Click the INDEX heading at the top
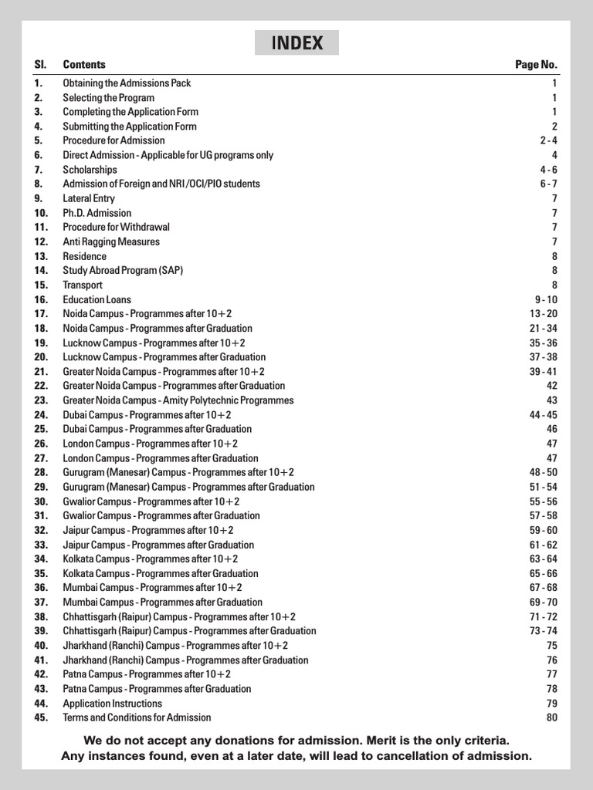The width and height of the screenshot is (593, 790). coord(296,43)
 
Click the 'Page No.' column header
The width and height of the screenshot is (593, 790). coord(536,65)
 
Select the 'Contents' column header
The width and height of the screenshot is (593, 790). coord(84,65)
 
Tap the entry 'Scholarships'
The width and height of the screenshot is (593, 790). coord(90,170)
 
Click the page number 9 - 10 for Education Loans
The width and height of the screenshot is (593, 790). coord(544,299)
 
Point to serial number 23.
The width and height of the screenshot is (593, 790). coord(41,400)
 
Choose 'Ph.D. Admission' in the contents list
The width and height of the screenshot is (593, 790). coord(97,213)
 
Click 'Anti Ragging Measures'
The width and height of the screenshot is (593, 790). coord(111,241)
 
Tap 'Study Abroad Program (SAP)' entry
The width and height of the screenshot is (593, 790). coord(123,271)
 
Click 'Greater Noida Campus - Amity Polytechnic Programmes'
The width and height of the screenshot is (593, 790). coord(178,400)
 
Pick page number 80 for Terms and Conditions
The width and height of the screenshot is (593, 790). coord(551,717)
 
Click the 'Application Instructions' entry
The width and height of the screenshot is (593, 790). coord(112,704)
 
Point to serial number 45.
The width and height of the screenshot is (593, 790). coord(41,717)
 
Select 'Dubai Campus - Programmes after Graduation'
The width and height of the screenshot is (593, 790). coord(157,429)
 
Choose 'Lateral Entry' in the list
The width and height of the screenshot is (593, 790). coord(89,198)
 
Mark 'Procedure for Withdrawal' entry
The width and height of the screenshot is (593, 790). coord(116,228)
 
